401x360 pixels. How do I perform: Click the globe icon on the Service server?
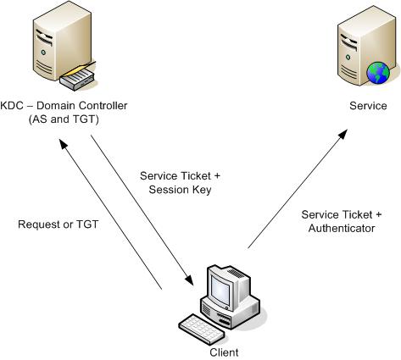pos(378,73)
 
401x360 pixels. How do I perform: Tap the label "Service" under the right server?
pos(368,106)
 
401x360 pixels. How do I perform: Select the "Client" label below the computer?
pos(224,352)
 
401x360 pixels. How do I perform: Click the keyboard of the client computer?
pos(202,329)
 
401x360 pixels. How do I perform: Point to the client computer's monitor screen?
pos(220,291)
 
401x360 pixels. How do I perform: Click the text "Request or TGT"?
pos(58,224)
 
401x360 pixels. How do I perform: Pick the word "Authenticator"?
pos(342,228)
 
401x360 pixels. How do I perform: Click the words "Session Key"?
pos(180,190)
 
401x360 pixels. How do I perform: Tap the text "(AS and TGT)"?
pos(64,119)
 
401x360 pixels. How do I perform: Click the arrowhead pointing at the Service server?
pos(343,134)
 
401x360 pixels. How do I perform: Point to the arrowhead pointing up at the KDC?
pos(64,144)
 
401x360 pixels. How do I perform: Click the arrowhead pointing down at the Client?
pos(189,280)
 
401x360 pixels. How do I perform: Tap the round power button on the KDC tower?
pos(43,53)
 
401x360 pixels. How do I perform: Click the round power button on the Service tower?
pos(348,58)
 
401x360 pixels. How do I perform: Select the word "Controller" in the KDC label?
pos(103,106)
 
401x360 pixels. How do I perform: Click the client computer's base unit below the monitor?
pos(231,312)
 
